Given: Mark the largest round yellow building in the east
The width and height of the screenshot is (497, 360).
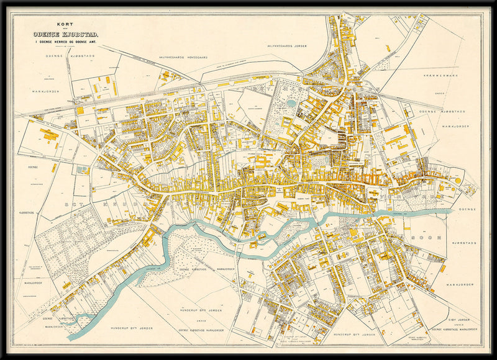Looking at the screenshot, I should pos(458,181).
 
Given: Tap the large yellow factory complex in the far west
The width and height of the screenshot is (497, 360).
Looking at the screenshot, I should pos(48,135).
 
